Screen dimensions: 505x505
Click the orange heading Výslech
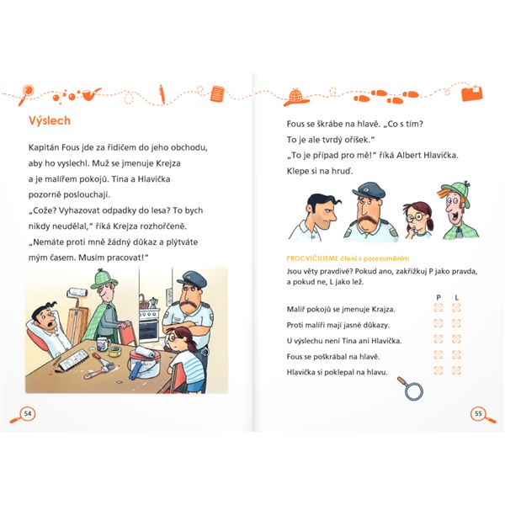[x=50, y=120]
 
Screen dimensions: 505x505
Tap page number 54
[x=28, y=413]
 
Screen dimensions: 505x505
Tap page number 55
[x=478, y=413]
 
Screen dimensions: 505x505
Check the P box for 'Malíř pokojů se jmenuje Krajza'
[x=438, y=308]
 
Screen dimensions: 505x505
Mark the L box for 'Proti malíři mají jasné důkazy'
[x=456, y=323]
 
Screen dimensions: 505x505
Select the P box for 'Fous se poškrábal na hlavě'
[x=438, y=354]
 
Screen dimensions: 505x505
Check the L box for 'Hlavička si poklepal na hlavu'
[x=456, y=370]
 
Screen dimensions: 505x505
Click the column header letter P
[x=439, y=297]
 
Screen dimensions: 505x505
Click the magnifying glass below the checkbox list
[x=411, y=388]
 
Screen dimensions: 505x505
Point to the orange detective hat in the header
[x=296, y=98]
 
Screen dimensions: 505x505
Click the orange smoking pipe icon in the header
[x=91, y=93]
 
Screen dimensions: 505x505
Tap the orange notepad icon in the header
[x=218, y=94]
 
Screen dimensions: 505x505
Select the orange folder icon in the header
[x=472, y=93]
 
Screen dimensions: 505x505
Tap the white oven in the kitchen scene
[x=149, y=325]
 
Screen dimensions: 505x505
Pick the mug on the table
[x=104, y=343]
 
